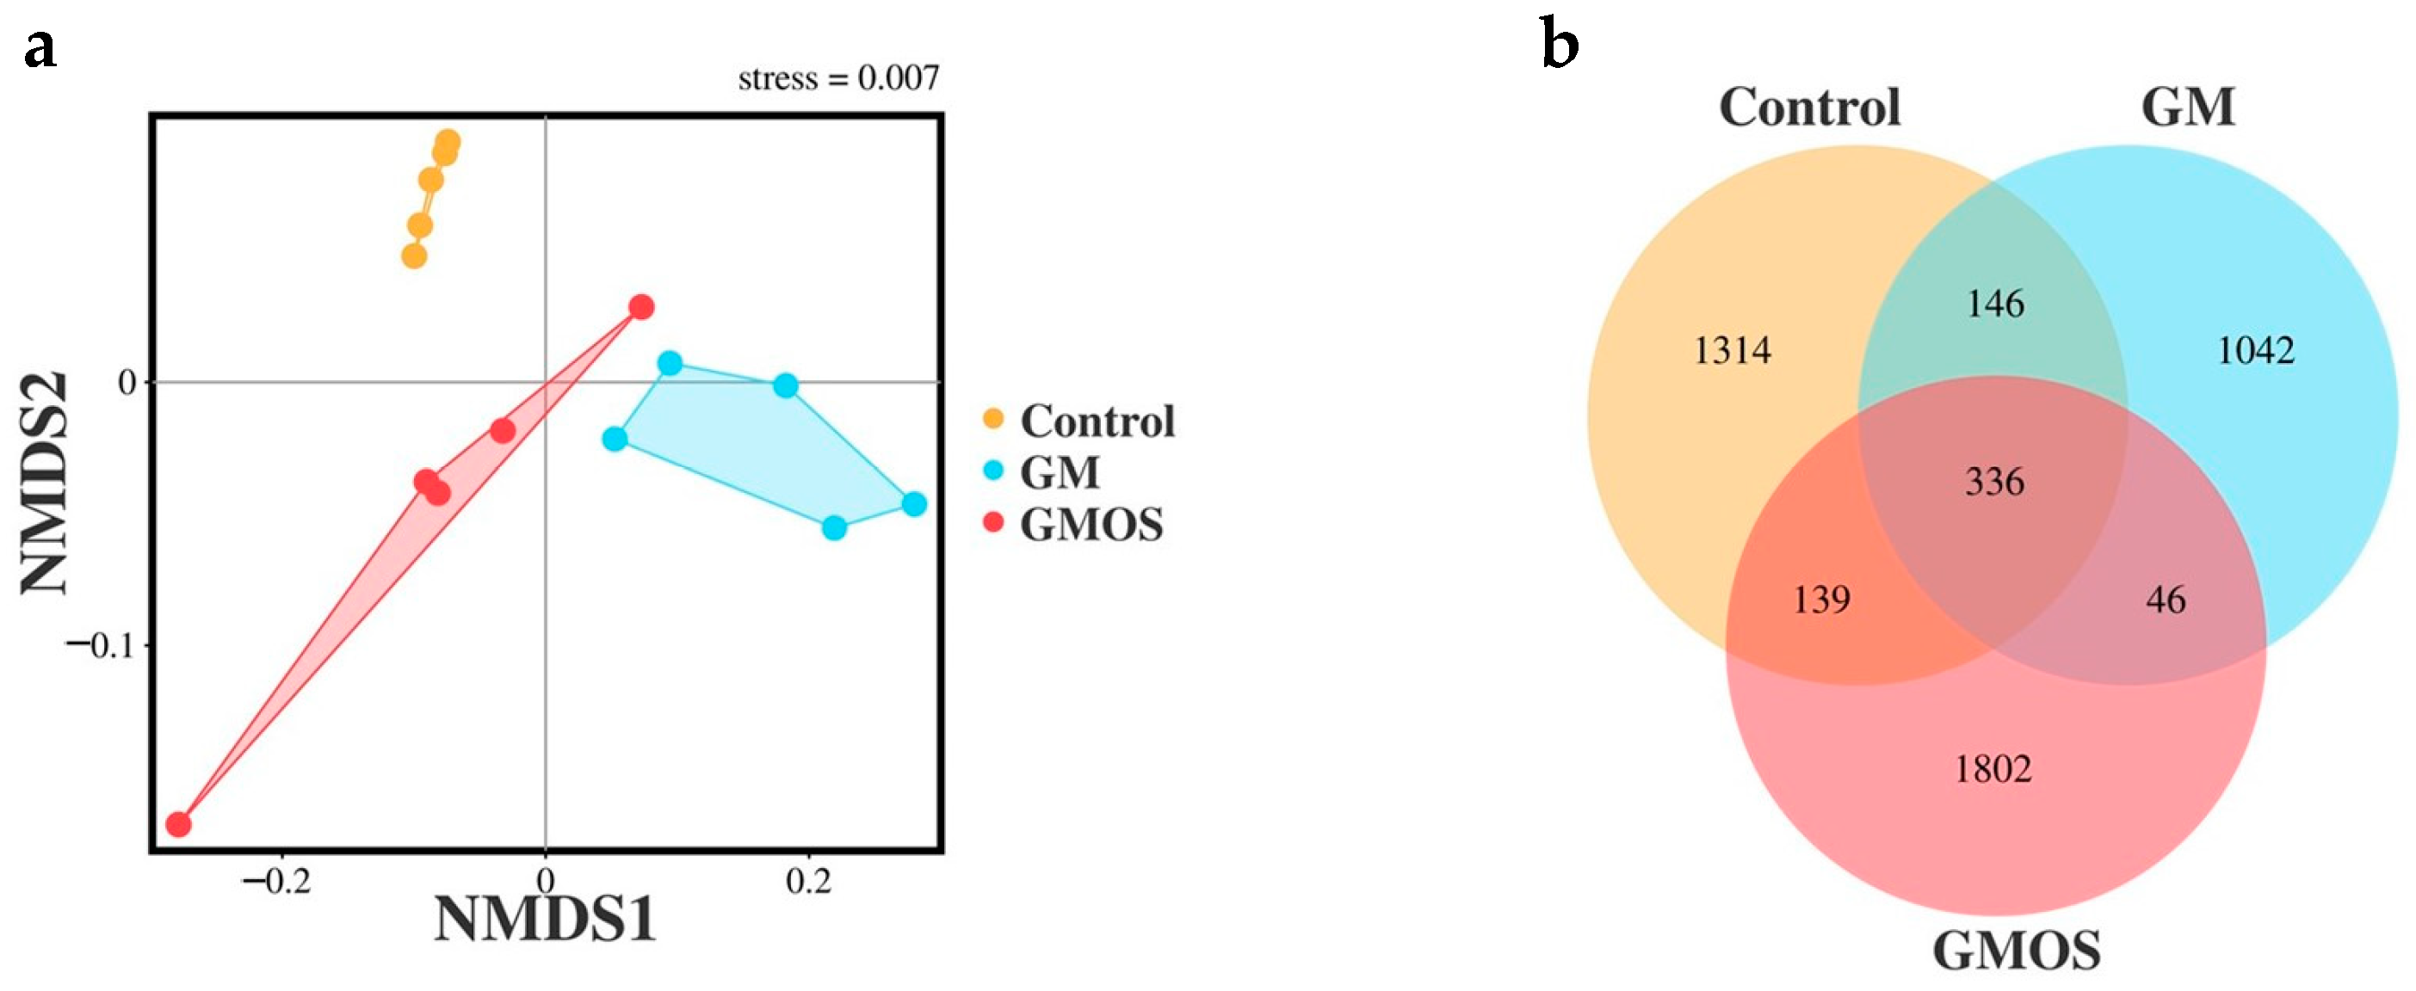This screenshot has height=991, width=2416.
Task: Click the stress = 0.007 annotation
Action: click(x=838, y=77)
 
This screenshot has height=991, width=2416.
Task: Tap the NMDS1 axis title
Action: click(x=545, y=920)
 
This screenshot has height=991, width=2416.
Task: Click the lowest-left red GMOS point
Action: click(x=178, y=825)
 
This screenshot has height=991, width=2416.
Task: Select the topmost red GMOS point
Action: click(x=641, y=306)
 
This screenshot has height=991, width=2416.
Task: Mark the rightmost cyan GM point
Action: click(x=914, y=503)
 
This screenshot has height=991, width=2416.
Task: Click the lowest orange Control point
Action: click(x=414, y=256)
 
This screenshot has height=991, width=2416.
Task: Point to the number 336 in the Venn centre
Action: click(x=1995, y=482)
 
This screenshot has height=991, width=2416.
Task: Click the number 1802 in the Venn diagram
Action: click(x=1994, y=769)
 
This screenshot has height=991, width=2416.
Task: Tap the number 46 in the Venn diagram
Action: click(x=2166, y=599)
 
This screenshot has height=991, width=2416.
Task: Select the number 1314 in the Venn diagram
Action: click(x=1733, y=351)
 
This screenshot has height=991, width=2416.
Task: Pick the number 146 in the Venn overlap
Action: click(x=1995, y=304)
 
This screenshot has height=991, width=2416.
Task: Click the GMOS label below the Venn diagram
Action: click(x=2017, y=951)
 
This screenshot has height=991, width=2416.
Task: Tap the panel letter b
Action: click(x=1560, y=46)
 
